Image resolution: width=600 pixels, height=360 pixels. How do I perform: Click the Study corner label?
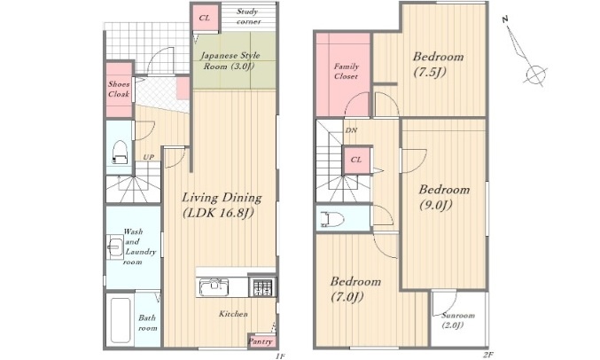(248, 17)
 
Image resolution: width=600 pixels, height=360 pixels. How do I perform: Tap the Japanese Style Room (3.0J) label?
(230, 61)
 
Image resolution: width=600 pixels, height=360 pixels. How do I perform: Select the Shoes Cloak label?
(119, 89)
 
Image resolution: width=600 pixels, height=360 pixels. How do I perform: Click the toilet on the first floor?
(120, 153)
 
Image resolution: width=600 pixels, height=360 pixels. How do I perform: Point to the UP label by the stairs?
(149, 157)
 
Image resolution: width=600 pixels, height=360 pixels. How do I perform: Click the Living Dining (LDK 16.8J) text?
(222, 205)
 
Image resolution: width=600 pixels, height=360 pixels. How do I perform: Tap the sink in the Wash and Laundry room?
(115, 247)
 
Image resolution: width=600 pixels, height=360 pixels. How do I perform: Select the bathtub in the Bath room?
(120, 321)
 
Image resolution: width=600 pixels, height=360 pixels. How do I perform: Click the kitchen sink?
(213, 287)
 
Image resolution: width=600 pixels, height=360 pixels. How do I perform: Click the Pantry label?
(261, 341)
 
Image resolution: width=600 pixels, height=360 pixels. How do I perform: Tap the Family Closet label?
(346, 71)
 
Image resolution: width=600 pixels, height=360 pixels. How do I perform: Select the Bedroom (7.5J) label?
(438, 64)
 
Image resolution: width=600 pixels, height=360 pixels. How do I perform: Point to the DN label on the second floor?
(351, 130)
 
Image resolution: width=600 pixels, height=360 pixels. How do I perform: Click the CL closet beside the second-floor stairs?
(356, 160)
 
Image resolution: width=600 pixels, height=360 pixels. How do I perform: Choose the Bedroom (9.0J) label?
(444, 197)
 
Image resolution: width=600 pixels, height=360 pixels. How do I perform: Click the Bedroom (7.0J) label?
(355, 289)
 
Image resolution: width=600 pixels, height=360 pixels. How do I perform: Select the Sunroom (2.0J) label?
(457, 320)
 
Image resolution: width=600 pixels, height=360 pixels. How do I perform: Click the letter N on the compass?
(505, 19)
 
